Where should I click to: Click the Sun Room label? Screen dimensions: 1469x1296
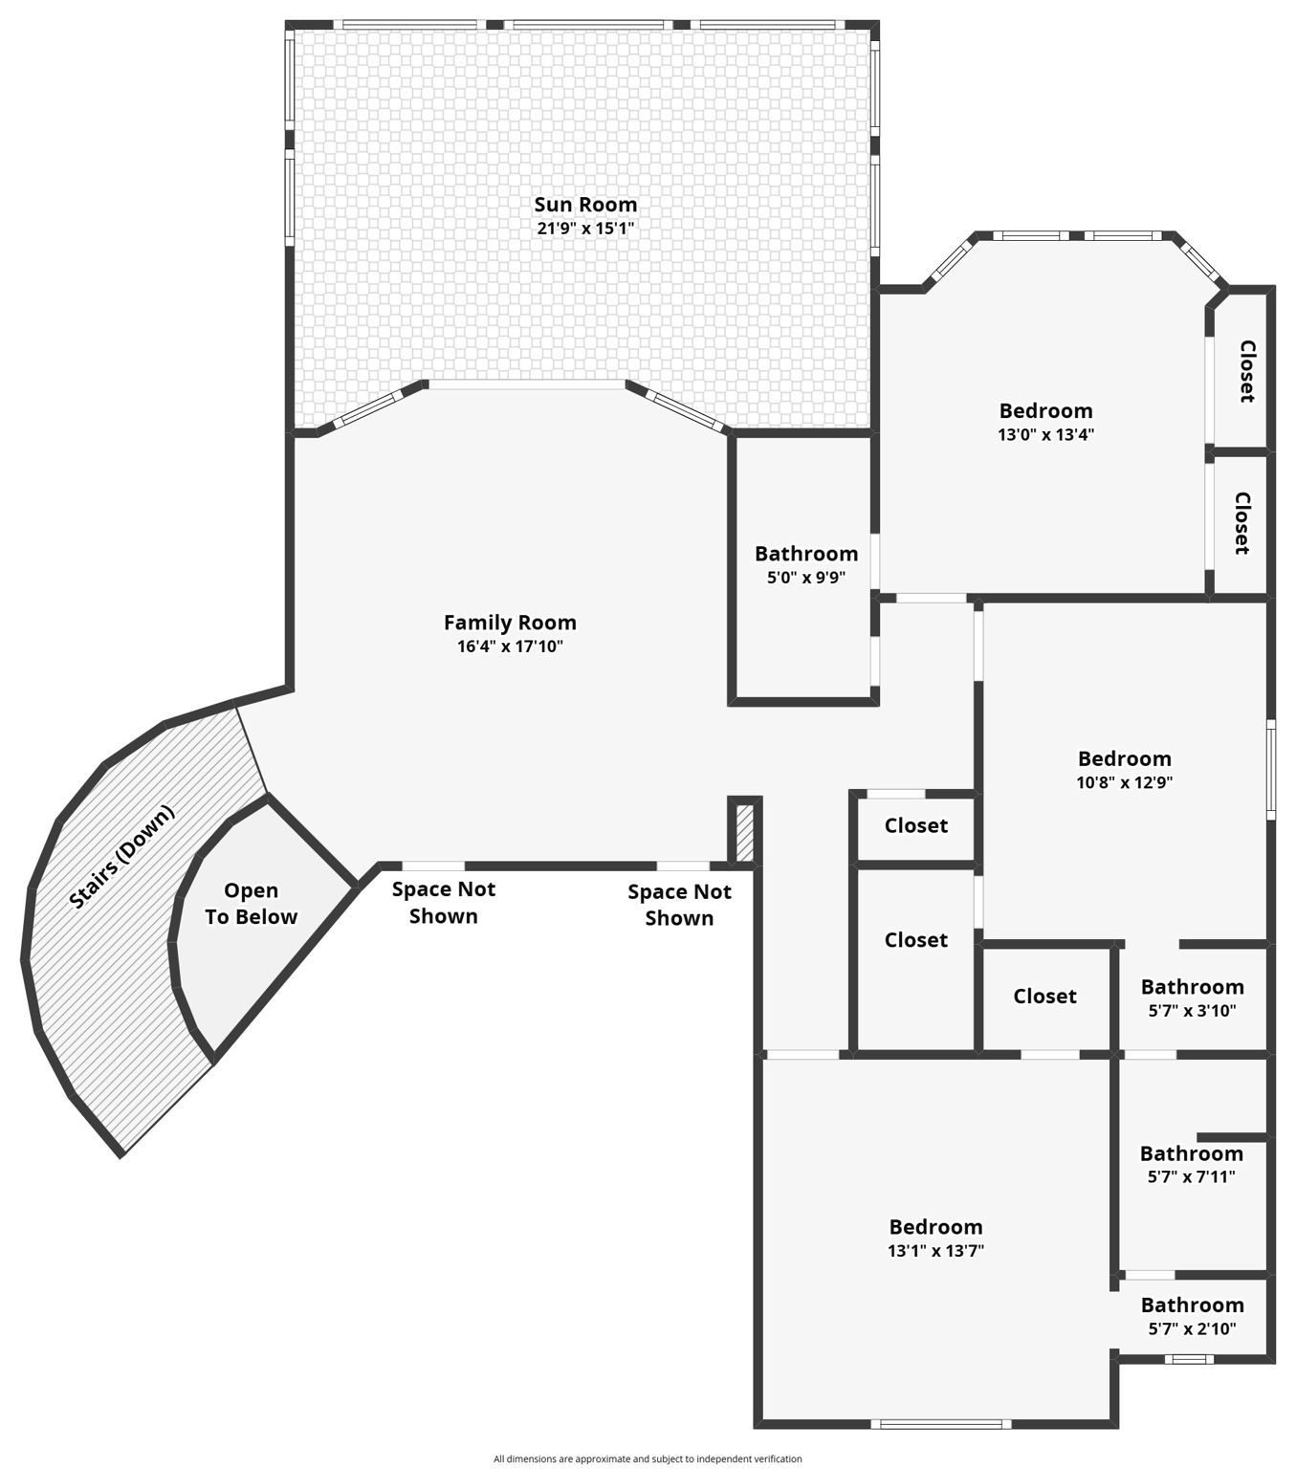point(585,204)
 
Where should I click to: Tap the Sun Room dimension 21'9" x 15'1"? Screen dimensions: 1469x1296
point(585,229)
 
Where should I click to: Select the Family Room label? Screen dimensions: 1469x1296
point(510,623)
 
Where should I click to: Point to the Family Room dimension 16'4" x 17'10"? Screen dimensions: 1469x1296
point(510,647)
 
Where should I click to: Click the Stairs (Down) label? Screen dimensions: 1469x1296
point(122,857)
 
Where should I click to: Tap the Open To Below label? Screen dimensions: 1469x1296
point(251,904)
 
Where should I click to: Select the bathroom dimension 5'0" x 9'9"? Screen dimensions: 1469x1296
point(806,578)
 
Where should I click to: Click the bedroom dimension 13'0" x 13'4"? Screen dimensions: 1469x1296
point(1045,434)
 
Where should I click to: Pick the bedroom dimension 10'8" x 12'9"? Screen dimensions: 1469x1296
point(1124,782)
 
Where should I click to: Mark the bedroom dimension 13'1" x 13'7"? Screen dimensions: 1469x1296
point(935,1251)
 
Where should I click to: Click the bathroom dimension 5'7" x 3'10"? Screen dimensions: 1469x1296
point(1192,1011)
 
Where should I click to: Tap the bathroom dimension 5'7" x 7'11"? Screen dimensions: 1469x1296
point(1191,1177)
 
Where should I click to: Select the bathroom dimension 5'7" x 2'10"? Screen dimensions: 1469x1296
point(1192,1328)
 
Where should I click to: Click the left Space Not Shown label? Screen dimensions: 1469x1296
point(443,903)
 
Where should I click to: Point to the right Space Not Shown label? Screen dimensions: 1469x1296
point(679,905)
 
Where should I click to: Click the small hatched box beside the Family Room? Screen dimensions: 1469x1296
point(745,832)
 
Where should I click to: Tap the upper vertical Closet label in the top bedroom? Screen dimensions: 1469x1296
point(1246,371)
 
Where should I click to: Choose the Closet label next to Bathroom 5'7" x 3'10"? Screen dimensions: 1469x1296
point(1044,997)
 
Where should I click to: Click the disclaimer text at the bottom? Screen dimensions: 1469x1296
point(648,1458)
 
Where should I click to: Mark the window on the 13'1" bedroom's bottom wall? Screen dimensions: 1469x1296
point(941,1424)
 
